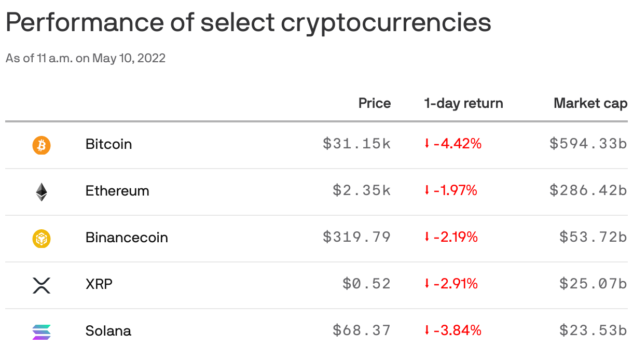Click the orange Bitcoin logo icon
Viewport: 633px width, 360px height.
pos(42,145)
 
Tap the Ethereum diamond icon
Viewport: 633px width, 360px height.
pos(42,192)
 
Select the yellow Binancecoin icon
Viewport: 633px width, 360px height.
pos(42,239)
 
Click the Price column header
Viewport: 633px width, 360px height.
pos(374,103)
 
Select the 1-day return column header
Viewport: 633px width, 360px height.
pos(463,103)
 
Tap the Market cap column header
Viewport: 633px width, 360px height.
pos(590,103)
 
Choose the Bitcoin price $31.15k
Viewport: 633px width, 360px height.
pos(356,144)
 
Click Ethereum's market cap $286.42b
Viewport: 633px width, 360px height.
pos(588,190)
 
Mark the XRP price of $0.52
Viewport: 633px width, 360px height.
pos(366,284)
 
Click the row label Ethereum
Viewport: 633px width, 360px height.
pos(117,191)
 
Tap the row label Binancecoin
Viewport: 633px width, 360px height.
pos(127,238)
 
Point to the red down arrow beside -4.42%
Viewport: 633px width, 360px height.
pos(427,144)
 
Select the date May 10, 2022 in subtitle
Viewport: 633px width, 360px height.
pos(129,58)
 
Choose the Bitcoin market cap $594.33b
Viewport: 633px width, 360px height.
pos(588,144)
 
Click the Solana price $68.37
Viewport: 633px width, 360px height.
pos(362,330)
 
